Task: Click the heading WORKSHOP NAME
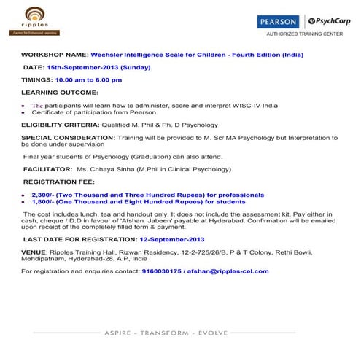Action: coord(54,55)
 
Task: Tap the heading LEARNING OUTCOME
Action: coord(60,93)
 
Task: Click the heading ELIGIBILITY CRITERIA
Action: coord(61,125)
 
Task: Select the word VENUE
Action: coord(34,251)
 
